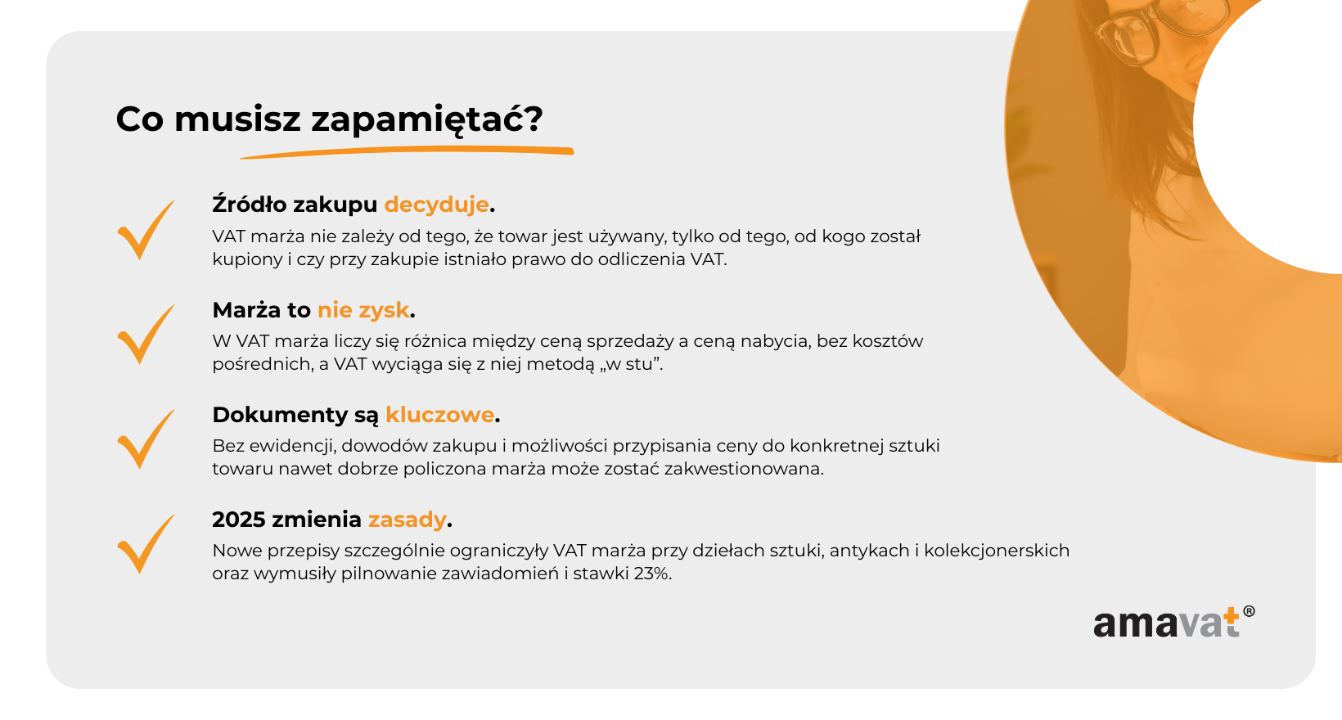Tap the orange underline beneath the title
pyautogui.click(x=407, y=152)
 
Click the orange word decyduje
pyautogui.click(x=437, y=205)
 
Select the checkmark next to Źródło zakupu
pyautogui.click(x=146, y=229)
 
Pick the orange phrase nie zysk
pyautogui.click(x=363, y=310)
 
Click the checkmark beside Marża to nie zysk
pyautogui.click(x=146, y=335)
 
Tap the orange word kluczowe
pyautogui.click(x=439, y=415)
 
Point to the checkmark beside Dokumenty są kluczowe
pyautogui.click(x=146, y=439)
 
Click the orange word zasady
pyautogui.click(x=408, y=520)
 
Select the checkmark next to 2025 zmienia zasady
pyautogui.click(x=146, y=544)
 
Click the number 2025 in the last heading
pyautogui.click(x=238, y=520)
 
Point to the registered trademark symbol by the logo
pyautogui.click(x=1249, y=611)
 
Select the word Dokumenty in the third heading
pyautogui.click(x=281, y=415)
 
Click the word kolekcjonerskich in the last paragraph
pyautogui.click(x=997, y=551)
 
